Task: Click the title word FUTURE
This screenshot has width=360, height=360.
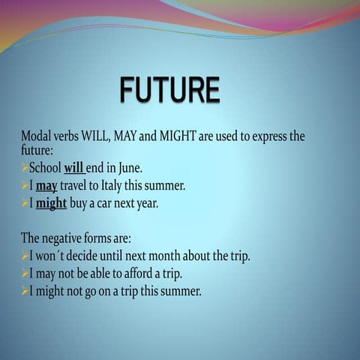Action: coord(169,90)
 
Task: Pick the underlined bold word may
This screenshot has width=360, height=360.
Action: coord(46,185)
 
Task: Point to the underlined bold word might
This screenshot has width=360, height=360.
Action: coord(51,203)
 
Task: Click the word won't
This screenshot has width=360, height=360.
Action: coord(52,256)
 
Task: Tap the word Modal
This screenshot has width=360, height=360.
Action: coord(35,136)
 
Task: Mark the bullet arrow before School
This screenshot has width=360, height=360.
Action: coord(24,167)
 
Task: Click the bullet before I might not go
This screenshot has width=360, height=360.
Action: coord(24,291)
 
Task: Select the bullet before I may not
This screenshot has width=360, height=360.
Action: coord(24,273)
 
